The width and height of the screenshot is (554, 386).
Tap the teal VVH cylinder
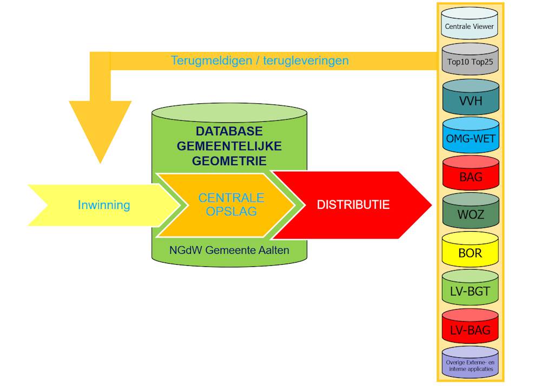(470, 100)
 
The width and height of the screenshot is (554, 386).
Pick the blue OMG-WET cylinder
(470, 138)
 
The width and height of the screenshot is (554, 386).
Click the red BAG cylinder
(470, 175)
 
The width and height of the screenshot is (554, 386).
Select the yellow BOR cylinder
(470, 252)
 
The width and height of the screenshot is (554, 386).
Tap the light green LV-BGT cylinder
(470, 290)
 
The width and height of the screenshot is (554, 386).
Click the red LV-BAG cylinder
(470, 328)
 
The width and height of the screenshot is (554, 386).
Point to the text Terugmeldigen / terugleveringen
(260, 61)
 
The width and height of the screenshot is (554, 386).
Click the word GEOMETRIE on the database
(229, 161)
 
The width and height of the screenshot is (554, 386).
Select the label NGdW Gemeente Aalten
(229, 250)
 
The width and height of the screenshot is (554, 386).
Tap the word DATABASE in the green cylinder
(229, 132)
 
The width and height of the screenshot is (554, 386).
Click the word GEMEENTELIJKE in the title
(229, 146)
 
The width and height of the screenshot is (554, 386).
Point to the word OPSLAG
(231, 211)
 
